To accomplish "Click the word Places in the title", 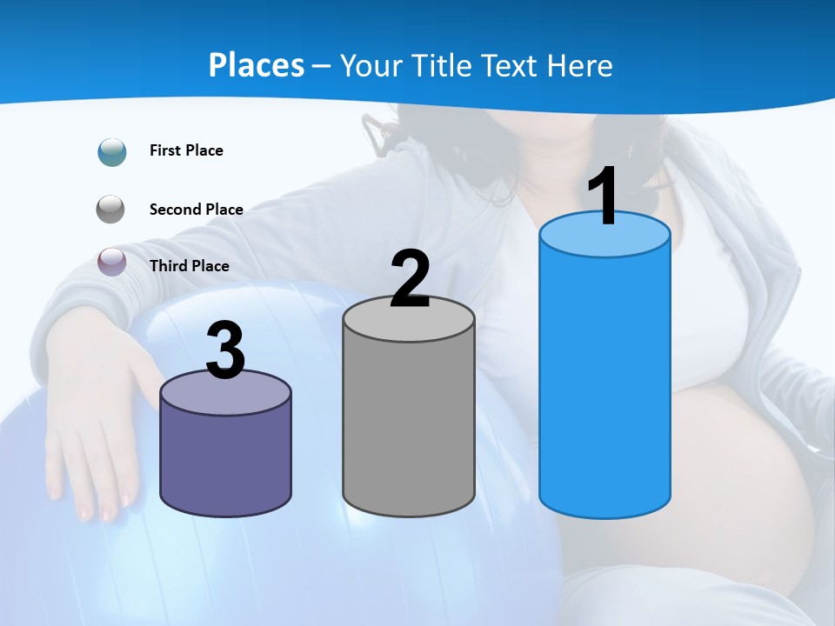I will point(257,65).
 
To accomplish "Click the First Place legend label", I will point(186,150).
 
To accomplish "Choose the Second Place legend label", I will point(196,210).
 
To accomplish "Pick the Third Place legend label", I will point(189,266).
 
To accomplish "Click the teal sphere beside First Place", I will point(112,151).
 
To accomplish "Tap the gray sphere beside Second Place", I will point(111,210).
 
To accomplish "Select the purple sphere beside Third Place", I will point(112,262).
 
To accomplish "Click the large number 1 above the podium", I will point(603,197).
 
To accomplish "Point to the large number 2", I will point(410,279).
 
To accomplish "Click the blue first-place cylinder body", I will point(605,383).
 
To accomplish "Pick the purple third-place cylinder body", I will point(225,461).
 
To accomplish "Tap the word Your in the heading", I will point(370,65).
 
